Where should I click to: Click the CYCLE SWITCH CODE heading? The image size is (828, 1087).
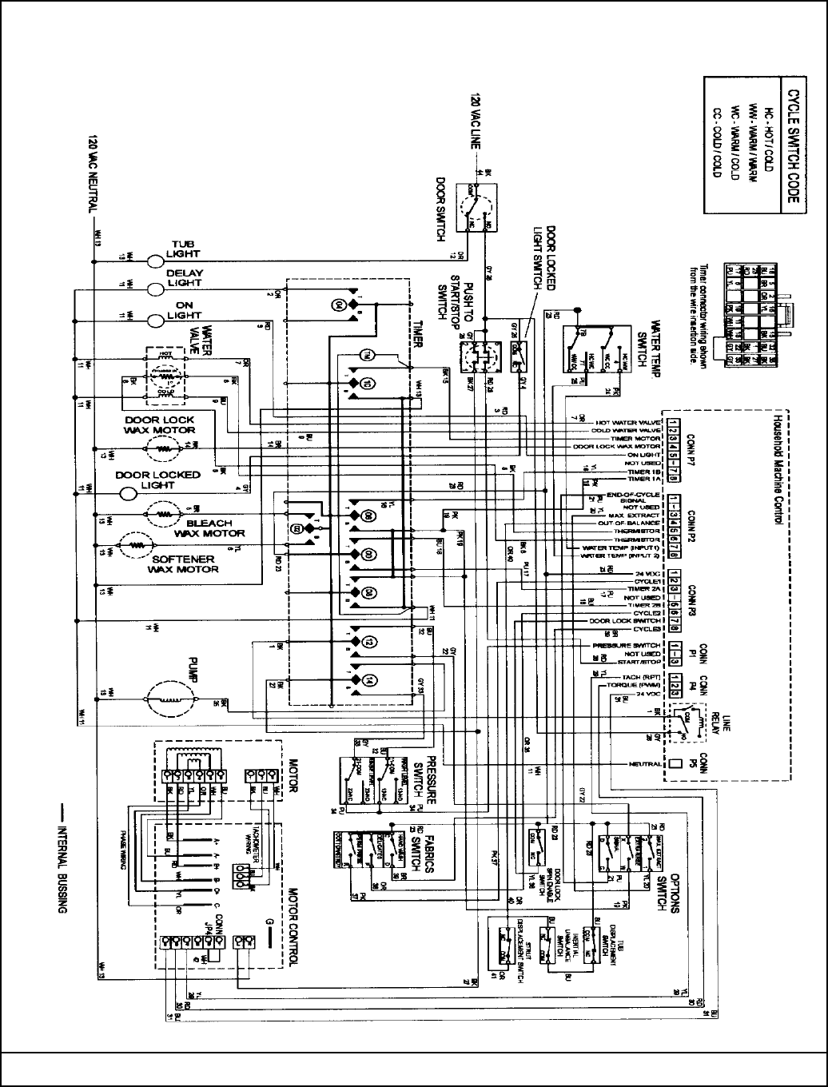click(x=791, y=144)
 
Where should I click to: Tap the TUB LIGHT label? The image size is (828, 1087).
click(x=184, y=249)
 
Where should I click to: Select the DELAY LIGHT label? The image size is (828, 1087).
click(x=185, y=277)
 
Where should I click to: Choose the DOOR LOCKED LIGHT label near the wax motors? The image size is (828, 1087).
click(x=158, y=480)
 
